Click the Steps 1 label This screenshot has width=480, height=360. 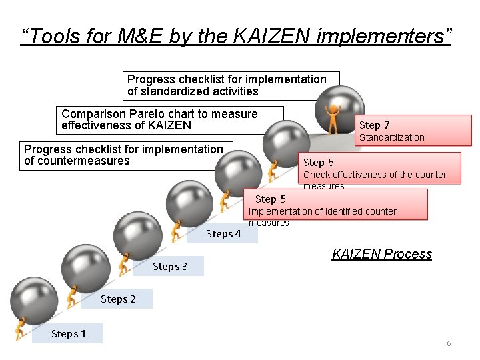point(69,333)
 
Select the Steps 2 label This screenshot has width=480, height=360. point(118,299)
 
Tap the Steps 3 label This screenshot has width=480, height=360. point(170,267)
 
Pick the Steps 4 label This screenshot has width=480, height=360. point(223,233)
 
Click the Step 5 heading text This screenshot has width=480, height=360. point(270,199)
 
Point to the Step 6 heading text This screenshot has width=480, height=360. point(319,163)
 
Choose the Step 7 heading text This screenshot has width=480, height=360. point(375,125)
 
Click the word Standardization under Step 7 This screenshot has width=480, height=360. point(391,137)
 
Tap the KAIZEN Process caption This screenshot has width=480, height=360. point(382,254)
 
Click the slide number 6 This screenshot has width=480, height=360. point(449,343)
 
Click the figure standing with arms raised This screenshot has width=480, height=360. point(331,118)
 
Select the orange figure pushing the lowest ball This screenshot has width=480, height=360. point(21,328)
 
